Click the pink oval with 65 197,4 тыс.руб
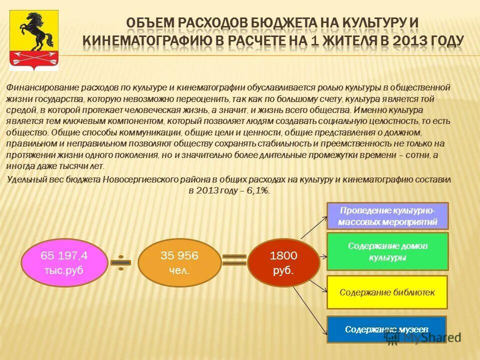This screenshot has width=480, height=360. [64, 262]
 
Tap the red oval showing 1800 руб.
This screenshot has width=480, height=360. [283, 262]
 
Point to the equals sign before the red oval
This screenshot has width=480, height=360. [234, 260]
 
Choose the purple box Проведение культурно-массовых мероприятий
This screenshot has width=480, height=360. [387, 215]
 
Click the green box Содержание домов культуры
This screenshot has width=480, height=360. [387, 251]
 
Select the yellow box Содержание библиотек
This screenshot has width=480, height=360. [387, 292]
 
